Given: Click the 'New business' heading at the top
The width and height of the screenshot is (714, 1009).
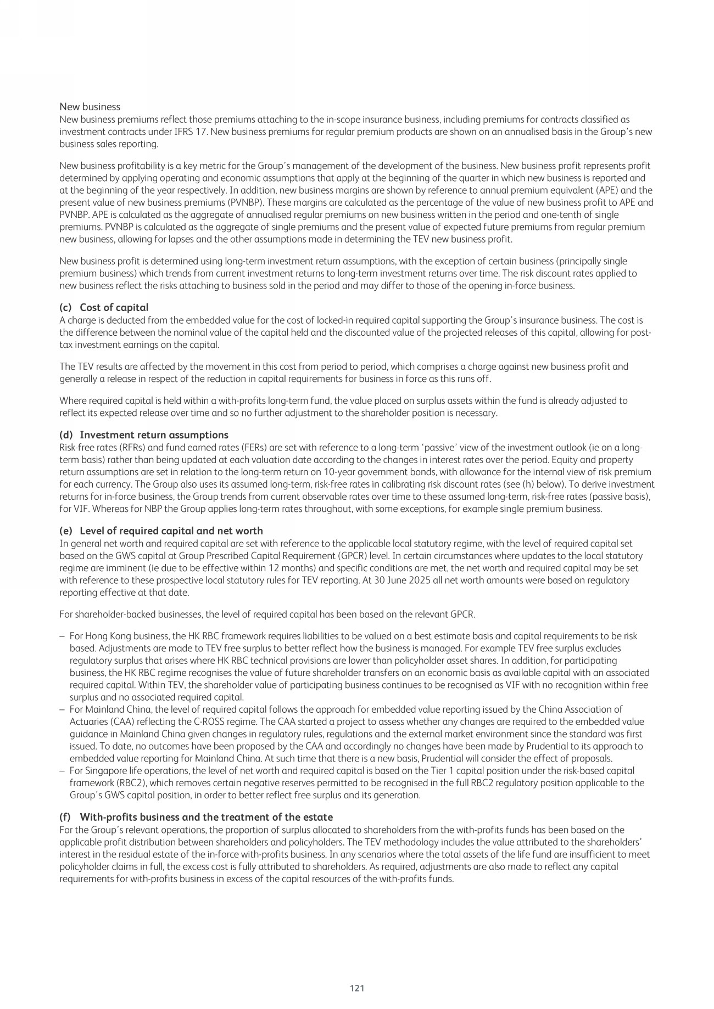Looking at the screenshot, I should click(x=90, y=106).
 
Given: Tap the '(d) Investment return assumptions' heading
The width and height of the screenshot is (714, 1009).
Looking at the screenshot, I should click(x=143, y=435).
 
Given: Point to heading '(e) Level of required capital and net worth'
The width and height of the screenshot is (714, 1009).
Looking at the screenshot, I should click(x=160, y=531).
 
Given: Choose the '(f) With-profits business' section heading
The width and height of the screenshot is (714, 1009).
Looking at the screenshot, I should click(x=196, y=817).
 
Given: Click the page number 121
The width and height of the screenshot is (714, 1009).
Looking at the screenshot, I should click(x=357, y=988).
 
